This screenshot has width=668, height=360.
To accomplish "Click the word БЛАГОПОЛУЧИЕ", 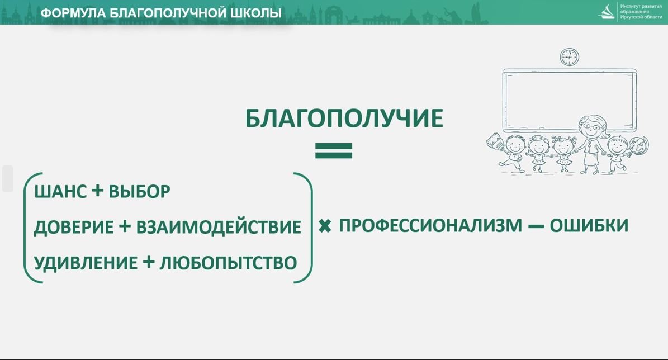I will [344, 119].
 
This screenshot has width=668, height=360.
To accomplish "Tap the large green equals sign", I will [334, 150].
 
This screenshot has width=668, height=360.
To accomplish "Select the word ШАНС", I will [61, 192].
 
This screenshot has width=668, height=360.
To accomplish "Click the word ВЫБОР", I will [139, 192].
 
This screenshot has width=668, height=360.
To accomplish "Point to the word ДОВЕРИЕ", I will [73, 227].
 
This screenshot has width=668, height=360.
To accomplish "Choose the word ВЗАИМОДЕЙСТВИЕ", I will [219, 227].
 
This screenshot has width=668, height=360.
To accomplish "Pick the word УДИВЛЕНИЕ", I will [86, 263].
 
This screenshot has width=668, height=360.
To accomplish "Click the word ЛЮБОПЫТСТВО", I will [228, 263].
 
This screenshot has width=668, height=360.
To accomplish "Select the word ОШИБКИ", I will [589, 225].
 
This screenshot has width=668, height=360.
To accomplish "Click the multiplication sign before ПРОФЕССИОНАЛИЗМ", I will [325, 226].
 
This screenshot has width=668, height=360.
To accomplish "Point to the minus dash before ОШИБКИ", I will [536, 226].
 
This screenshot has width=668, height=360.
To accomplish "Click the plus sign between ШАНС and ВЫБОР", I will [97, 191].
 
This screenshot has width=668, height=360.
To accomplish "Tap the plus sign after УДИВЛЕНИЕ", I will [148, 262].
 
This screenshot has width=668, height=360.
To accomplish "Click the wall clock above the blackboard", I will [569, 56].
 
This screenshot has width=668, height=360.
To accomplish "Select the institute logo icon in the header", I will [607, 12].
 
